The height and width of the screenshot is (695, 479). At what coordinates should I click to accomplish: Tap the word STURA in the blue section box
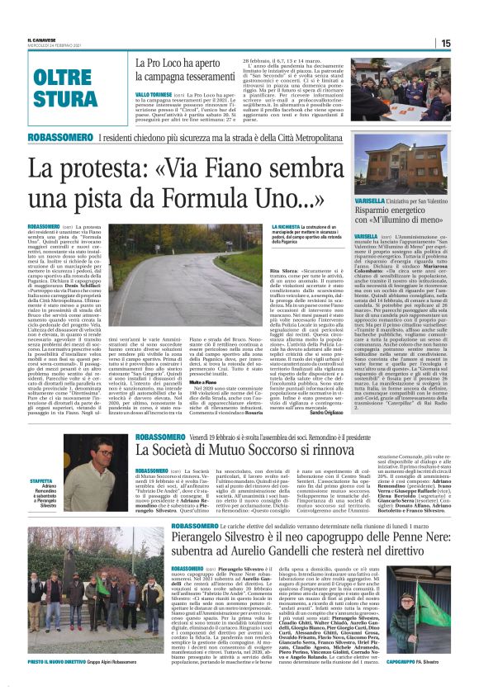click(65, 98)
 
